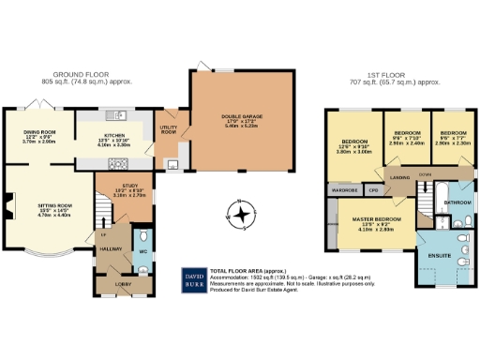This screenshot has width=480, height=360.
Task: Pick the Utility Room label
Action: (x=169, y=129)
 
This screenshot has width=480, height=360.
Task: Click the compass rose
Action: (x=242, y=215)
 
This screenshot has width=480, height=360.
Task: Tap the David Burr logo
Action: (x=193, y=279)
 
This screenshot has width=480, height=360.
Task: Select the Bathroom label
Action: (x=457, y=202)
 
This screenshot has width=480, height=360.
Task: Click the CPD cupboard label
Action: (x=374, y=191)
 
